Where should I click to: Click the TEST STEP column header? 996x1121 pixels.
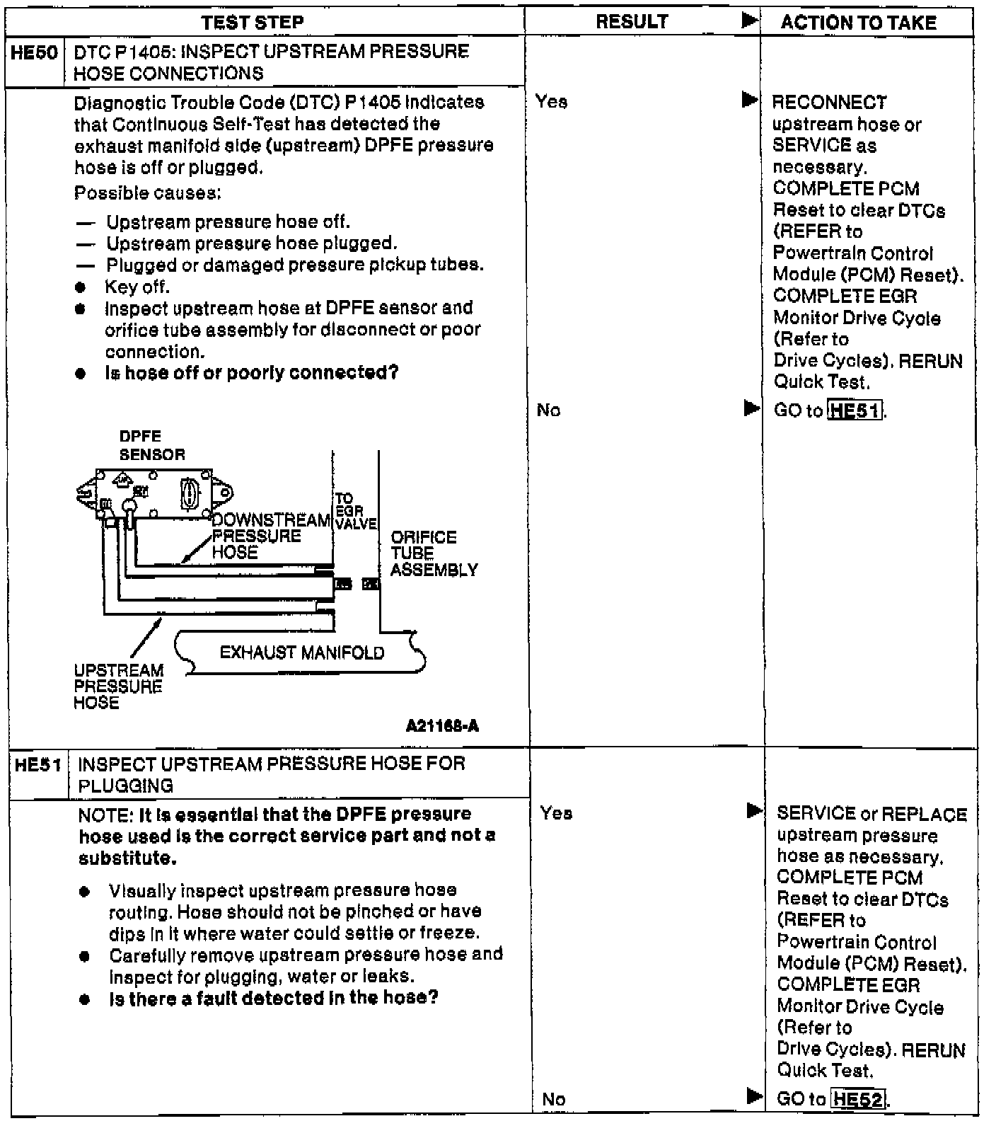(x=253, y=23)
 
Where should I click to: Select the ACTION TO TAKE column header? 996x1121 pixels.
(x=858, y=23)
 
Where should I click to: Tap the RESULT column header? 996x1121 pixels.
(x=632, y=22)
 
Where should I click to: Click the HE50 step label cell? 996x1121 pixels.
(x=35, y=52)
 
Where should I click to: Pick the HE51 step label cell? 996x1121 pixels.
(x=37, y=764)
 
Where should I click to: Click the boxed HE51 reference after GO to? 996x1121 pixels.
(x=855, y=410)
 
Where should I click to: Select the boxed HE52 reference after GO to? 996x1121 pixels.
(x=858, y=1099)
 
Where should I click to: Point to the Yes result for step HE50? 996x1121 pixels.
(x=551, y=102)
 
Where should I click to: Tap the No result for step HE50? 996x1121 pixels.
(x=548, y=410)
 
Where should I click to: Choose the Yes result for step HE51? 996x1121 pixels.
(x=555, y=813)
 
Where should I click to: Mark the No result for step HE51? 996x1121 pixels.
(x=553, y=1099)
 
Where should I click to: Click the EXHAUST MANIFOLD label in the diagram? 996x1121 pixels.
(x=302, y=653)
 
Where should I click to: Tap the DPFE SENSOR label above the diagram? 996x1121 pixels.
(x=151, y=445)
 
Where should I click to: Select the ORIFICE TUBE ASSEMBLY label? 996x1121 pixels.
(x=434, y=553)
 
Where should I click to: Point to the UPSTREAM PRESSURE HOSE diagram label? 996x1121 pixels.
(x=118, y=686)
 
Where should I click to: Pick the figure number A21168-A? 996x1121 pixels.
(x=443, y=727)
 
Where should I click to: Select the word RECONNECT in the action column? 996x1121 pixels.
(x=828, y=103)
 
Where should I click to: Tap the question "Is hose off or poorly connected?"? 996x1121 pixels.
(x=252, y=373)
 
